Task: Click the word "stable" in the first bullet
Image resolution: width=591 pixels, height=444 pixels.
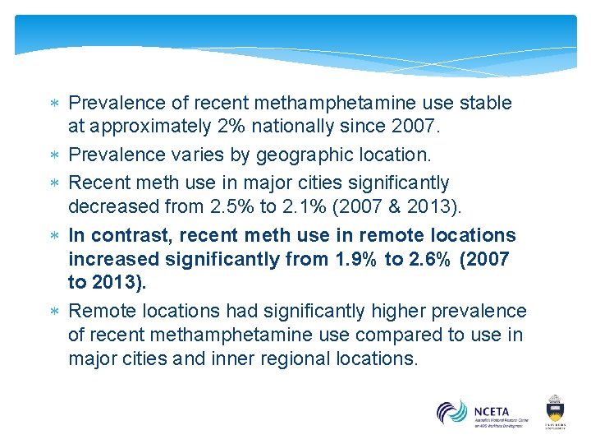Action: pyautogui.click(x=486, y=103)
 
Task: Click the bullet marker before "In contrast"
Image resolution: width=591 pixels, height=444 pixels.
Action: pyautogui.click(x=55, y=235)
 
